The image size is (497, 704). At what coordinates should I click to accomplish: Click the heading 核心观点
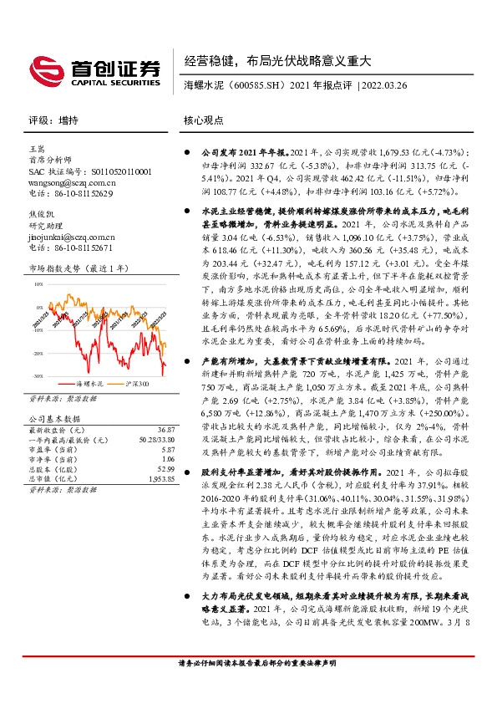click(x=203, y=120)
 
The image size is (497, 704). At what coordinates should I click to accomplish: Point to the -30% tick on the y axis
click(x=38, y=376)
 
